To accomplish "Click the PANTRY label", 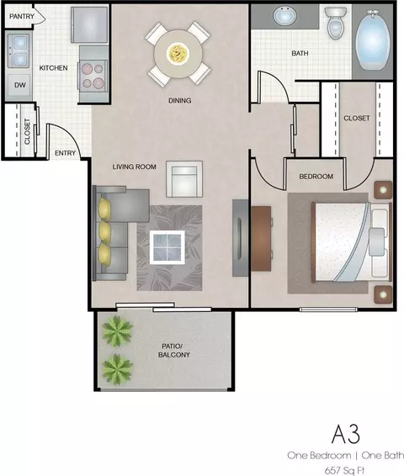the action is pos(22,16).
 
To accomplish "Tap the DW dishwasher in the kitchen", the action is pos(19,86).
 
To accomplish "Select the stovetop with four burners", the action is pos(93,76).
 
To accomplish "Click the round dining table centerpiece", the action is pos(178,53).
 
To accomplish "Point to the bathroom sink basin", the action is pos(284,15).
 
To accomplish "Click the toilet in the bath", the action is pos(335,23).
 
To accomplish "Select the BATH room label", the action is pos(300,54).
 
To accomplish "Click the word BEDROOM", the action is pos(316,177).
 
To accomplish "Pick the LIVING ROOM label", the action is pos(135,167).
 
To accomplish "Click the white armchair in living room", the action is pos(184,179).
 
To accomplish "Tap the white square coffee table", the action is pos(167,247).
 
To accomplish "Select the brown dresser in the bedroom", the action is pos(261,239).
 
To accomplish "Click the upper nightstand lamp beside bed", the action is pos(383,190).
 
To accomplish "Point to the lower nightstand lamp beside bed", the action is pos(383,294).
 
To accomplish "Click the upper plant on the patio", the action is pos(117,331).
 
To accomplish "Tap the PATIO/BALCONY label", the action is pos(173,351).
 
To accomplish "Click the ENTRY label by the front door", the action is pos(65,153).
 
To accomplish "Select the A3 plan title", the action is pos(346,434).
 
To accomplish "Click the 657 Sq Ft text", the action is pos(344,470).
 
